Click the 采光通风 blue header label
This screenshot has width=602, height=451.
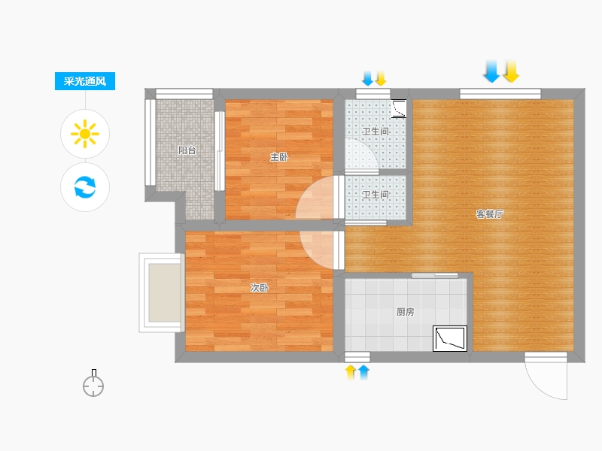pos(85,81)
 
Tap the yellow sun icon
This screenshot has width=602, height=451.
pos(85,134)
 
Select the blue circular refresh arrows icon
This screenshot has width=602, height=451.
pos(85,186)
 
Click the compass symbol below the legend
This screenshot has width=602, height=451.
pos(93,383)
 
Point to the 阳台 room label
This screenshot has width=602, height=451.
pos(187,150)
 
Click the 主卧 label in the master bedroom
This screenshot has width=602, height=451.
pos(279,157)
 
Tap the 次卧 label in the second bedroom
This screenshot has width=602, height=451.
pos(260,288)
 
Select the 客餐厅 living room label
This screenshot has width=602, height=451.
pos(490,214)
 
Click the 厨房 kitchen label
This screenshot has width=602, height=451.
pos(406,312)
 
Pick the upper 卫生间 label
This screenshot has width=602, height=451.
pos(375,132)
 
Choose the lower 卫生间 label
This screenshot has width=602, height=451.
pos(375,195)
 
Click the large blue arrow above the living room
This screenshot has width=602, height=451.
pos(491,71)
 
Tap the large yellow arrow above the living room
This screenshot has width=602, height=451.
pos(511,71)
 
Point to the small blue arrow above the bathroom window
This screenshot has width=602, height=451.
pos(367,78)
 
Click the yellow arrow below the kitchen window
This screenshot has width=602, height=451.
pos(351,372)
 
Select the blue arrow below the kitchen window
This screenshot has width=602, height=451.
pos(363,372)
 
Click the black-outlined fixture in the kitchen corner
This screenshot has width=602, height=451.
pos(450,339)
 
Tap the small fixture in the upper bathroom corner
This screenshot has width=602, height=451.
pos(399,108)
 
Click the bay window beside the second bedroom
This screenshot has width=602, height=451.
pos(162,292)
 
